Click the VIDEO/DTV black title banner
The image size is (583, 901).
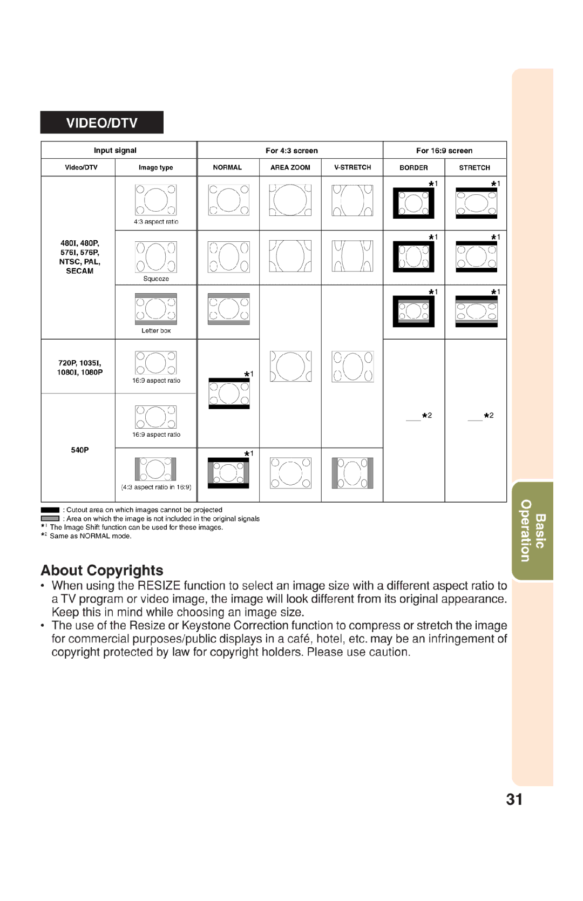[x=101, y=123]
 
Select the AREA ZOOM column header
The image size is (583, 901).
[x=290, y=167]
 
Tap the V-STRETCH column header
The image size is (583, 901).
[x=352, y=167]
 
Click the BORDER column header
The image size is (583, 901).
[x=413, y=168]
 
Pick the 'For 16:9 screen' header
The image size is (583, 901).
[x=444, y=151]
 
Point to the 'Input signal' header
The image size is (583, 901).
[x=115, y=151]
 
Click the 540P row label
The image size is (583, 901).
[x=79, y=450]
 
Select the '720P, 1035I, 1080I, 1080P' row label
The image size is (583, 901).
[x=79, y=368]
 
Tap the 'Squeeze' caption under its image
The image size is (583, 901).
[x=156, y=279]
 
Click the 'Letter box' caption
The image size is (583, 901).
[x=156, y=331]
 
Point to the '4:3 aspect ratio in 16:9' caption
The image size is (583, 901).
[x=156, y=487]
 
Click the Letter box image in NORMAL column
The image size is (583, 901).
[x=229, y=309]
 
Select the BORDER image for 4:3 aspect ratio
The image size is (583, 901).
[x=413, y=203]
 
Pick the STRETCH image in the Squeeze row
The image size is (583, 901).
[x=476, y=256]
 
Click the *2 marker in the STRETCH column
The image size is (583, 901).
[x=489, y=415]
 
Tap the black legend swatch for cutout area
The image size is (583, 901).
[x=50, y=510]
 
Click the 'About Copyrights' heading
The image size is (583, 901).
[x=102, y=571]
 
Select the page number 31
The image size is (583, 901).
[x=514, y=800]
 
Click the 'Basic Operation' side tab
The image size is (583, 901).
[x=532, y=531]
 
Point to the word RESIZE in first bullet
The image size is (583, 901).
[x=159, y=586]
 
